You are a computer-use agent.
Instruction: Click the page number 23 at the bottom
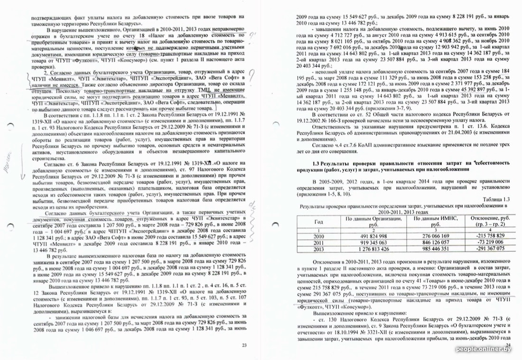(244, 345)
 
